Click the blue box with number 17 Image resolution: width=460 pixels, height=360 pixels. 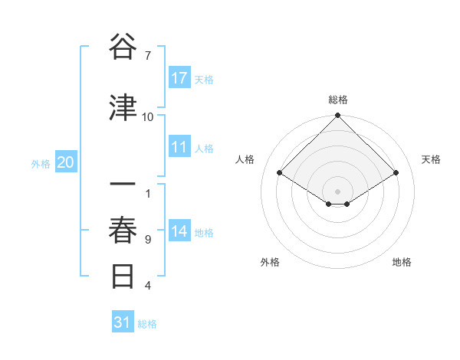[x=179, y=79]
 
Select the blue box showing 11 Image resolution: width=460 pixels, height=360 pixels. [x=179, y=148]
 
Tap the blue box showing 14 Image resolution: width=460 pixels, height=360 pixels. [x=179, y=232]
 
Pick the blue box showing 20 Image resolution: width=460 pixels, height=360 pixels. [x=66, y=162]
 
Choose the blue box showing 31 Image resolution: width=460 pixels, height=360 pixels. [x=123, y=323]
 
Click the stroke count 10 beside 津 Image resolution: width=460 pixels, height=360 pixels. [x=148, y=117]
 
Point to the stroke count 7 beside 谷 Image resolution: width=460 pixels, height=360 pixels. [x=148, y=56]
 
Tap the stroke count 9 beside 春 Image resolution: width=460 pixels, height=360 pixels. [x=148, y=240]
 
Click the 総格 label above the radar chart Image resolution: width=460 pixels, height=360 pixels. [x=337, y=100]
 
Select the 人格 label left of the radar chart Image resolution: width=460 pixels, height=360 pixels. [x=245, y=159]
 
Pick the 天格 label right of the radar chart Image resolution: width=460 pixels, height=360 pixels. [x=431, y=159]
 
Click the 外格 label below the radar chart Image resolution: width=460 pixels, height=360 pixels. [x=270, y=262]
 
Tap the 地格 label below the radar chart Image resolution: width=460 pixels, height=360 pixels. [x=402, y=262]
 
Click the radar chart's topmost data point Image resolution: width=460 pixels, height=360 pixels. [x=337, y=116]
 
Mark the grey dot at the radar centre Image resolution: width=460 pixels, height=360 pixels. [x=337, y=190]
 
